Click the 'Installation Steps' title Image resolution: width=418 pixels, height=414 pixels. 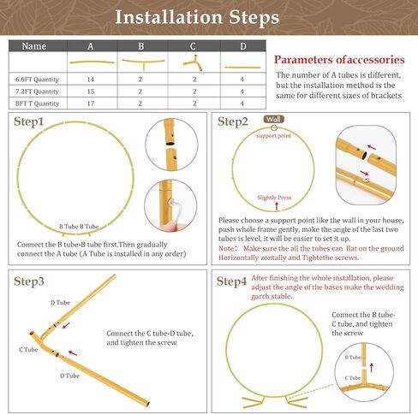pos(208,16)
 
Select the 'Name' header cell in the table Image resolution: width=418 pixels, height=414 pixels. pos(34,46)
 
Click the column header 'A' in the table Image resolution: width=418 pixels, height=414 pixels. pos(90,46)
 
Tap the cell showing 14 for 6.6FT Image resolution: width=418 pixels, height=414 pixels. pos(90,78)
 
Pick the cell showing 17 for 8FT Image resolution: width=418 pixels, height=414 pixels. pos(90,103)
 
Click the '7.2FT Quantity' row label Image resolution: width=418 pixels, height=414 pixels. pos(37,91)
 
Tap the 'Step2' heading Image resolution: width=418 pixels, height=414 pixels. pos(233,121)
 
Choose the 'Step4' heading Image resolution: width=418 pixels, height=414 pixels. pos(233,281)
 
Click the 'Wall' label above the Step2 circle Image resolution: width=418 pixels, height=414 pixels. pos(274,120)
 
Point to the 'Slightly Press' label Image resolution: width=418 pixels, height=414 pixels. pos(274,198)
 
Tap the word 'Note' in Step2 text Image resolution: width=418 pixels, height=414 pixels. pos(227,247)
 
